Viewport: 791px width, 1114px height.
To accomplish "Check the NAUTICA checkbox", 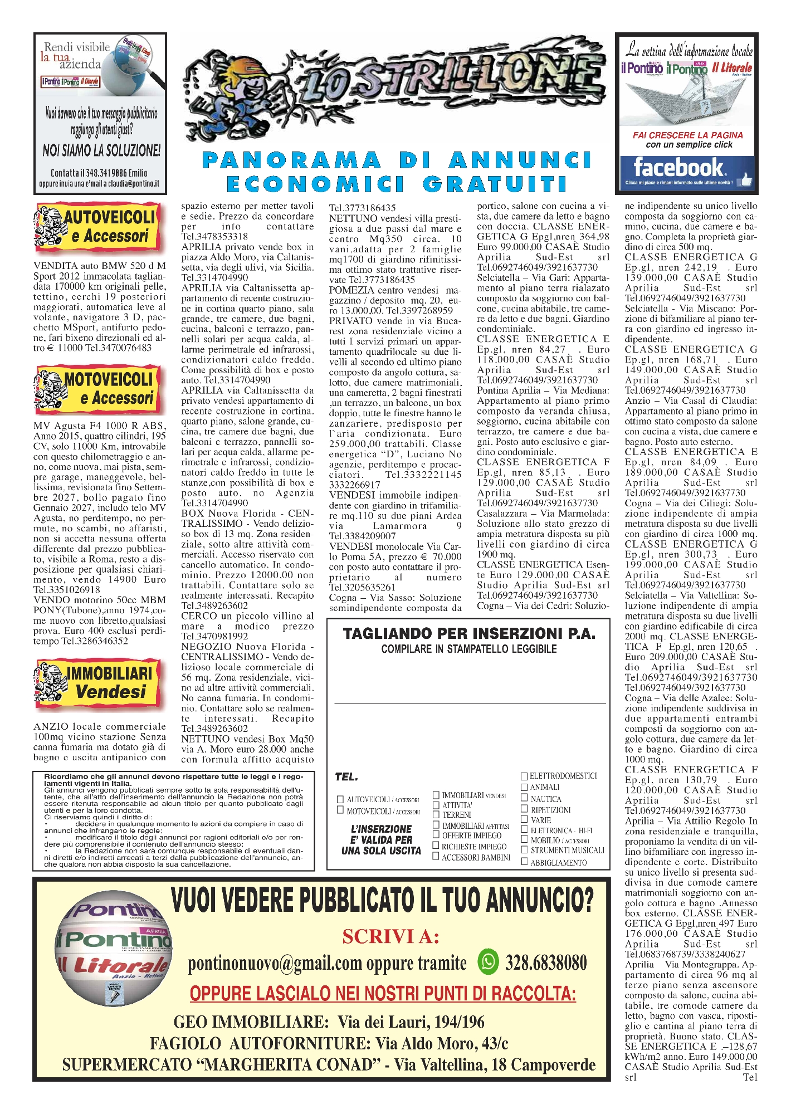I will coord(524,798).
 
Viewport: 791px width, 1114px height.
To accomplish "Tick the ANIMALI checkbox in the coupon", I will coord(524,787).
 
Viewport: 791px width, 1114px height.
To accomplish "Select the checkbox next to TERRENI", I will coord(436,814).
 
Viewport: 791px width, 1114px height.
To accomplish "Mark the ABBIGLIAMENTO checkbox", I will coord(524,862).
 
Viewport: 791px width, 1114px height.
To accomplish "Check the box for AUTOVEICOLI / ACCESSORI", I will coord(340,799).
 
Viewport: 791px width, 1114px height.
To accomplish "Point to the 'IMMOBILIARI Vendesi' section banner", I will coord(100,682).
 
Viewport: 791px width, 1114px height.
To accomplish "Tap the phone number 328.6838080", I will coord(546,962).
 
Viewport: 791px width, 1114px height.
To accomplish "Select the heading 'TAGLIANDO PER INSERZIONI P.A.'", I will coord(469,634).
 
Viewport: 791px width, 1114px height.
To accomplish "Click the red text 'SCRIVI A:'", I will coord(390,937).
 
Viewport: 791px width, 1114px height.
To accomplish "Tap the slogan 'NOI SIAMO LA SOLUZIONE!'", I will coord(101,150).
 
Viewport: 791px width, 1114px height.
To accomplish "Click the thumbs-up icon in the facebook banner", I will coord(745,179).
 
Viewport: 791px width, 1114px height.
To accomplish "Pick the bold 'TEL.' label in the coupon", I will coord(346,776).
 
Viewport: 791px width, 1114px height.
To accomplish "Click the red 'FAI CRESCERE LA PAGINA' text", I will coord(687,135).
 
